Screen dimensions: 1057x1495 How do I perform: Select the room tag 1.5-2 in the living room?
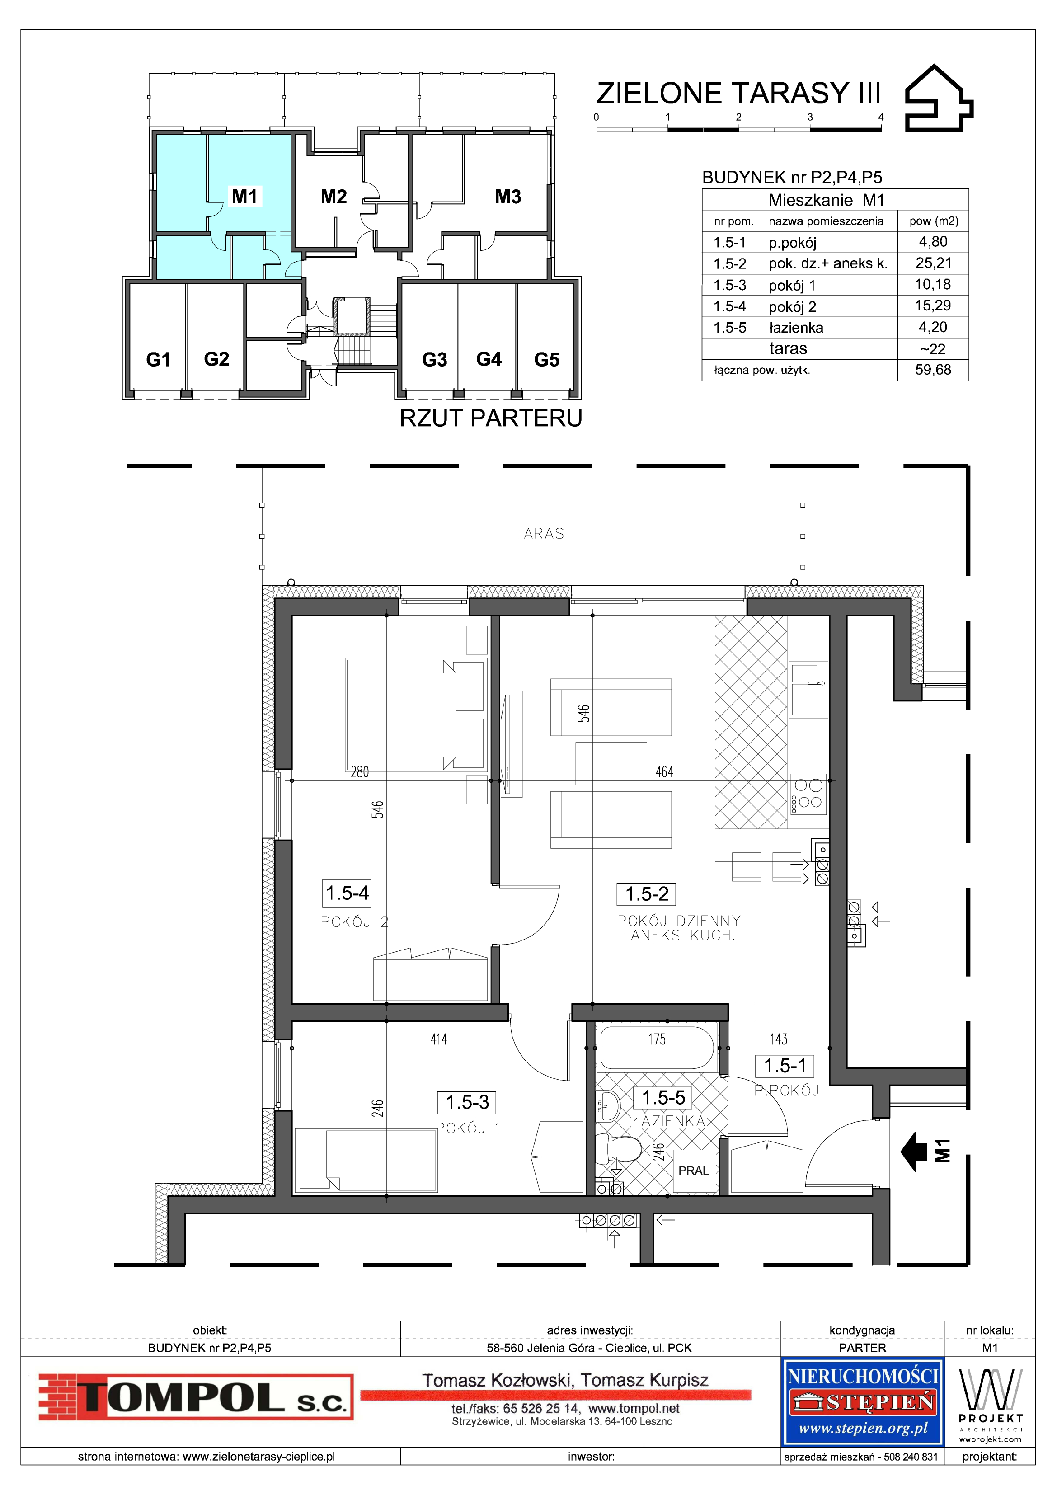tap(646, 894)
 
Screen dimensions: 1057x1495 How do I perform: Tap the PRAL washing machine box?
tap(693, 1171)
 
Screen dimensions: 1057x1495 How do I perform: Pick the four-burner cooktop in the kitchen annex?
tap(808, 796)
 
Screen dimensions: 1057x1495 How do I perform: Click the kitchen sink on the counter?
tap(807, 690)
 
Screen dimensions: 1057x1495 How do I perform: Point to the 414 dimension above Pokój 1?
tap(439, 1039)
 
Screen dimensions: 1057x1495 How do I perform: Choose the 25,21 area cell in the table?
tap(933, 263)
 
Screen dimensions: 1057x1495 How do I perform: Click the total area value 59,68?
tap(933, 370)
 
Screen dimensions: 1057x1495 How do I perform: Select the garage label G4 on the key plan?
tap(489, 359)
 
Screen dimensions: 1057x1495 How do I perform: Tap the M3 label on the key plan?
tap(508, 197)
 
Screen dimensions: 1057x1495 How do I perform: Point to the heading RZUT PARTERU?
tap(491, 418)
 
